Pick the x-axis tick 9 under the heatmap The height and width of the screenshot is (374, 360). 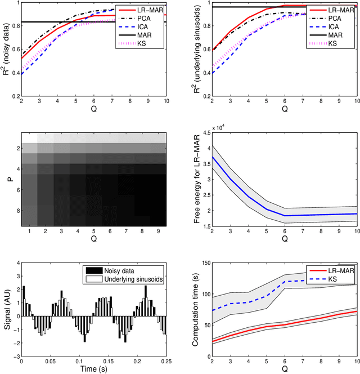(x=159, y=231)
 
